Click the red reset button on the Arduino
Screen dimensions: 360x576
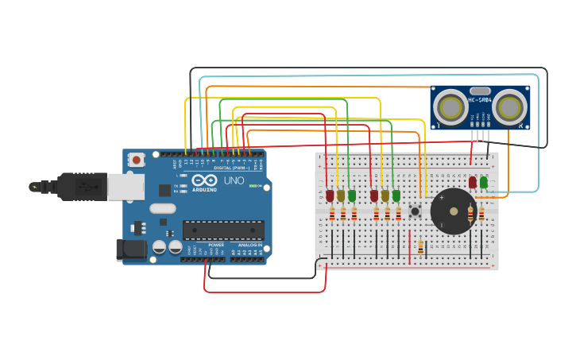136,160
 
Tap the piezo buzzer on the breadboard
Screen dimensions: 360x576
453,211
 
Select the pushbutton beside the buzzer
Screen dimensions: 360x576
414,211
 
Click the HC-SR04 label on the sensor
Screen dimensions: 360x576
480,99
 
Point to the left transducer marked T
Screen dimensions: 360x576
450,106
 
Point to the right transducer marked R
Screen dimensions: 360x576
510,106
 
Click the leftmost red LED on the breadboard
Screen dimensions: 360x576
330,195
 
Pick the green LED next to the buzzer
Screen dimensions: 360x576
483,182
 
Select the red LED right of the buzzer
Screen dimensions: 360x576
473,182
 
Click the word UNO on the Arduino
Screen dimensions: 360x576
234,181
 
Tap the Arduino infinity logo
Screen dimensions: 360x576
204,181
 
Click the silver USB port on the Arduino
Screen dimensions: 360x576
126,187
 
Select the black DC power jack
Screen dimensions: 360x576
131,250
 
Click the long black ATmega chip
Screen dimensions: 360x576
223,230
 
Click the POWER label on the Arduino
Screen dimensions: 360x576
215,245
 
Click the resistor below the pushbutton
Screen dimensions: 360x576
420,246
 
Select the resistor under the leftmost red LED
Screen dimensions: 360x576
332,213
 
